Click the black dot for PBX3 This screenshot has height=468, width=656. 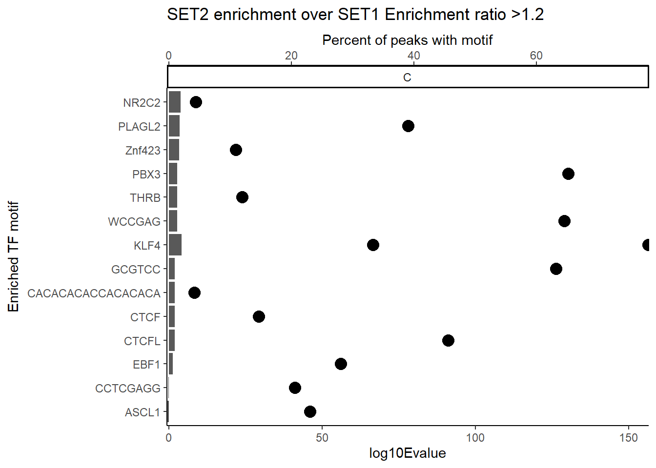tap(568, 174)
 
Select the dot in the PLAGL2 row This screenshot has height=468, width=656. tap(408, 126)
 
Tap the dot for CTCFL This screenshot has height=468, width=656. tap(448, 340)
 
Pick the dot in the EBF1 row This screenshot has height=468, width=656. tap(341, 364)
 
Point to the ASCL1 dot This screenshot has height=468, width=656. tap(310, 411)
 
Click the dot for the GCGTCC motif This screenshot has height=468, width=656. tap(556, 269)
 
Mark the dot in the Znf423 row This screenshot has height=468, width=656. tap(236, 150)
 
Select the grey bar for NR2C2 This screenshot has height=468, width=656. tap(174, 102)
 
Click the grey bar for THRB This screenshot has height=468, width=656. tap(173, 197)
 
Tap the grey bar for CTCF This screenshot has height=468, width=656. tap(172, 316)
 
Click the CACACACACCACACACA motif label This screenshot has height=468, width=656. tap(94, 293)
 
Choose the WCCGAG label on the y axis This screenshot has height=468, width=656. tap(134, 222)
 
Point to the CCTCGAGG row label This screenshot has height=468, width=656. tap(128, 389)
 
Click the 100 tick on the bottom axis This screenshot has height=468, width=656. tap(475, 437)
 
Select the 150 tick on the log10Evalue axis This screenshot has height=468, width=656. tap(629, 437)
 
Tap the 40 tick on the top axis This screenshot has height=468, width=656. tap(413, 56)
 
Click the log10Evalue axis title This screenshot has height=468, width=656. tap(408, 453)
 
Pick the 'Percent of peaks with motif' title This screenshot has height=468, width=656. tap(408, 40)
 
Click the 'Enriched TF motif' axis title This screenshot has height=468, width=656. tap(13, 256)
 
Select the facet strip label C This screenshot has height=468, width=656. tap(408, 78)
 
